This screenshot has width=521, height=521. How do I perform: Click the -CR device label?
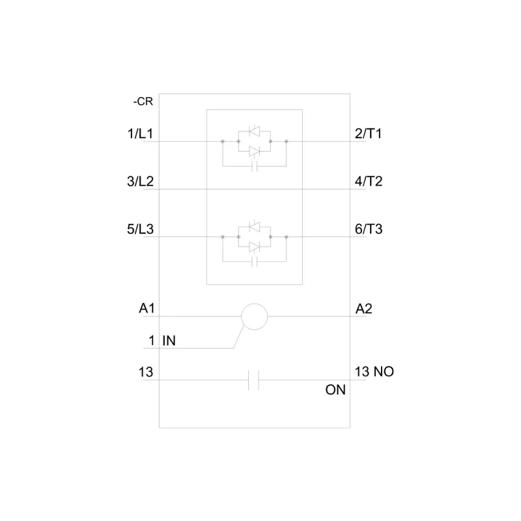[x=143, y=102]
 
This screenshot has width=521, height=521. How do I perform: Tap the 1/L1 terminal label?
[x=140, y=134]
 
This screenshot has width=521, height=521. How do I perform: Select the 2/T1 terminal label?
[x=368, y=134]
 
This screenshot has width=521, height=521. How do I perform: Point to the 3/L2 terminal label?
[x=140, y=182]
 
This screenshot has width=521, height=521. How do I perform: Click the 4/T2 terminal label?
[x=368, y=182]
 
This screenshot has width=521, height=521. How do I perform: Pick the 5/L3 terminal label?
[x=140, y=229]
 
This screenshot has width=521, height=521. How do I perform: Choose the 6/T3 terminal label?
[x=368, y=229]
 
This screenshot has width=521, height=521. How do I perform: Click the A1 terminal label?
[x=147, y=309]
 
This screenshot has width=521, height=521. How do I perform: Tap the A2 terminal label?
[x=363, y=309]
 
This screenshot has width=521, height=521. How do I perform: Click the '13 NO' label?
[x=374, y=372]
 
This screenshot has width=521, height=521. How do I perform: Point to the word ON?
[x=335, y=391]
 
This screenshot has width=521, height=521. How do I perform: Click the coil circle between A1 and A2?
[x=255, y=317]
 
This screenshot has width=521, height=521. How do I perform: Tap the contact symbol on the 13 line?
[x=255, y=380]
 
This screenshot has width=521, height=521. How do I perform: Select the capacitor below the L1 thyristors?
[x=255, y=165]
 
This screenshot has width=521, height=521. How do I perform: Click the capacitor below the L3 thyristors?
[x=255, y=262]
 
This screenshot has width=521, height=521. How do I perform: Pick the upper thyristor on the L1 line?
[x=255, y=132]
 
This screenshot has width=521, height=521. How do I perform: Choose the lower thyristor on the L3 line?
[x=255, y=246]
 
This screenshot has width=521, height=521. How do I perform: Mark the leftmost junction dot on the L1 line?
[x=223, y=141]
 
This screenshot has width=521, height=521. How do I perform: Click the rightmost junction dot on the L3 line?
[x=287, y=237]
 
